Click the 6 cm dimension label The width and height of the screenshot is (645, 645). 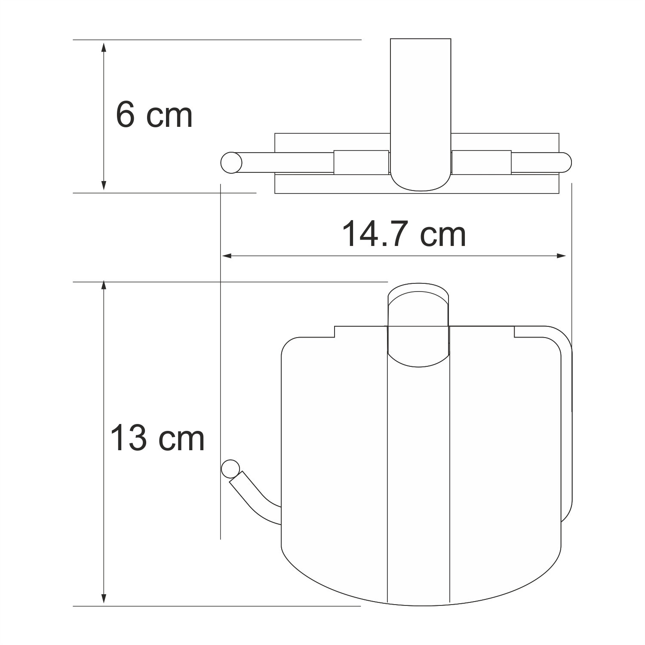pyautogui.click(x=154, y=115)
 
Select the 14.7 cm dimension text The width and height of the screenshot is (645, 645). pyautogui.click(x=404, y=234)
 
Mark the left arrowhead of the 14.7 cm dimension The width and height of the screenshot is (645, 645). pyautogui.click(x=227, y=256)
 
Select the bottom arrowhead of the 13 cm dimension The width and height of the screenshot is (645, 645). pyautogui.click(x=103, y=598)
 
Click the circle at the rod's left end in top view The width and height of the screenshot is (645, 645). pyautogui.click(x=231, y=163)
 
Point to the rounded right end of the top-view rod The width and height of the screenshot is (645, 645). pyautogui.click(x=566, y=163)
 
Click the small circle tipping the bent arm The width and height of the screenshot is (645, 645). pyautogui.click(x=230, y=469)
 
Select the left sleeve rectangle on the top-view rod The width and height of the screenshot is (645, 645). pyautogui.click(x=361, y=163)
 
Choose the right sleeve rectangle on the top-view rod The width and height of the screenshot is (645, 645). pyautogui.click(x=482, y=163)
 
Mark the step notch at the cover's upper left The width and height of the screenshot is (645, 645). pyautogui.click(x=335, y=332)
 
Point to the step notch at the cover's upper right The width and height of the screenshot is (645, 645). pyautogui.click(x=514, y=332)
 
